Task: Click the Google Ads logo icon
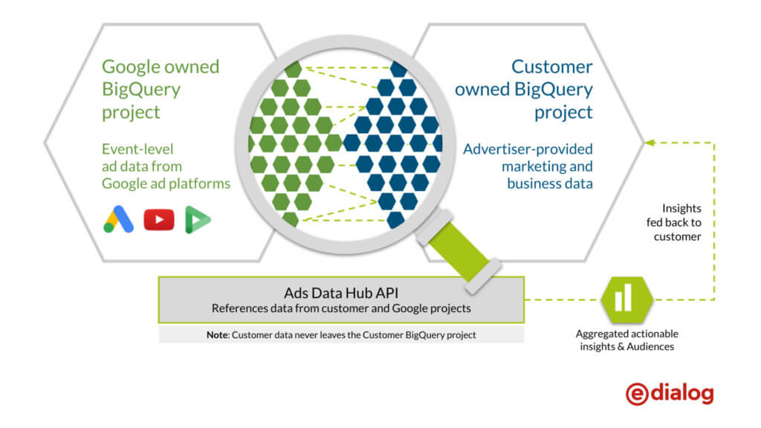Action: tap(119, 219)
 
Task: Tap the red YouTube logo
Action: tap(159, 219)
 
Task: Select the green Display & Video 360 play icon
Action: tap(198, 219)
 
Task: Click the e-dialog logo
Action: tap(670, 393)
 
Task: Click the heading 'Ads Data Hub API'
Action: tap(340, 292)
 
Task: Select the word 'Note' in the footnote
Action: tap(218, 335)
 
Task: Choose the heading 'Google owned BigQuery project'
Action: tap(160, 89)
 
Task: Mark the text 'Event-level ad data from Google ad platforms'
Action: tap(166, 166)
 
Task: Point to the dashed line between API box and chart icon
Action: tap(565, 300)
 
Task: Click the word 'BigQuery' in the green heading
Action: tap(141, 90)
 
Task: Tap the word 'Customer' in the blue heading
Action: tap(552, 67)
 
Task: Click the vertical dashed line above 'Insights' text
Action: tap(715, 171)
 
